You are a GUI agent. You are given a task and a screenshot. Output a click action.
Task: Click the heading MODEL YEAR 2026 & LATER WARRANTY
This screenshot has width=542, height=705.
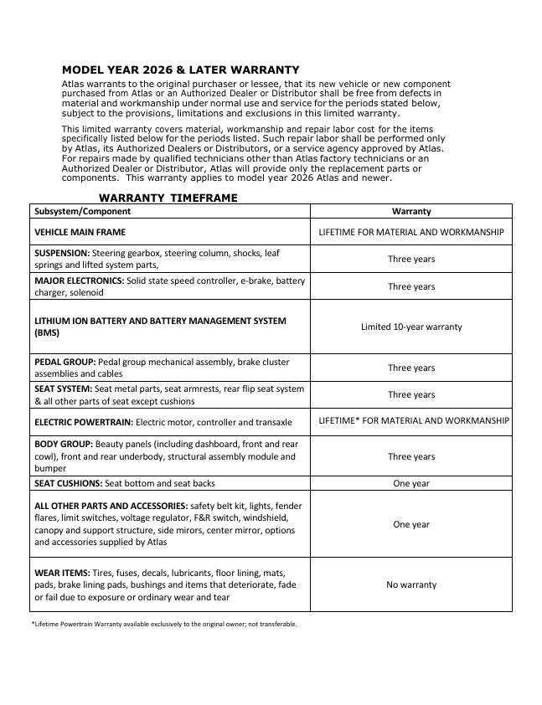click(x=181, y=69)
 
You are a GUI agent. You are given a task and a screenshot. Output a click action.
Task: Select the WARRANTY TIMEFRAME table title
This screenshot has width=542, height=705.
click(x=168, y=198)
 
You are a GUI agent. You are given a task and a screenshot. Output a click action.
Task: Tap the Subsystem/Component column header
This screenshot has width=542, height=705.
click(x=82, y=212)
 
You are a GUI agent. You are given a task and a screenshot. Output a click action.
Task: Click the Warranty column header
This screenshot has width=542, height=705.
click(x=410, y=212)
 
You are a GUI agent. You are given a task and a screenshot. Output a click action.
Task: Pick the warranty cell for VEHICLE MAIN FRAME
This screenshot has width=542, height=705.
click(x=410, y=232)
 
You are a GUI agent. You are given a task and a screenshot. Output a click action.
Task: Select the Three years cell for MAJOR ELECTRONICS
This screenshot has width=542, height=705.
click(x=410, y=286)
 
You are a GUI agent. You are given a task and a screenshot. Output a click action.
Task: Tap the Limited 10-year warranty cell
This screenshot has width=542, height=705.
click(x=410, y=327)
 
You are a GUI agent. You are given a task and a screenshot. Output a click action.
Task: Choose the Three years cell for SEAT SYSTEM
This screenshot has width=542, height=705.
click(x=410, y=394)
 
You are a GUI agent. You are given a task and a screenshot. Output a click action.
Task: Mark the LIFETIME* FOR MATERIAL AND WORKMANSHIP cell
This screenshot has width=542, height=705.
click(x=414, y=420)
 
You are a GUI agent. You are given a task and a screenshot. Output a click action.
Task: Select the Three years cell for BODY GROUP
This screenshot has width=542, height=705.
click(x=410, y=456)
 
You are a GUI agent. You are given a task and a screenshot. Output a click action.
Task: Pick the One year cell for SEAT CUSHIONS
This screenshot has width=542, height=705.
click(x=410, y=483)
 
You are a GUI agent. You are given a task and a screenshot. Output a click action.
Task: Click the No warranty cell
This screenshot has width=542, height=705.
click(x=410, y=584)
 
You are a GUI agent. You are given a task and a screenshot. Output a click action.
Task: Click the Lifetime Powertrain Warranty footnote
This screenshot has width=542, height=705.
click(x=163, y=624)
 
